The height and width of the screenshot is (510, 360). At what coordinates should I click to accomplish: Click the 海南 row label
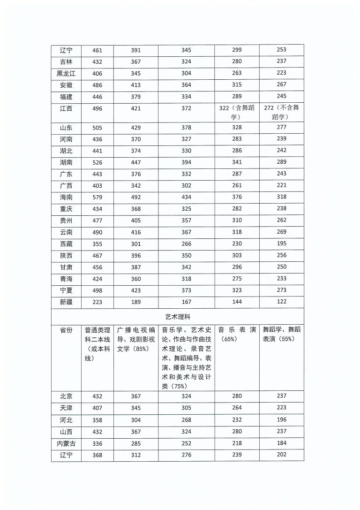(x=66, y=197)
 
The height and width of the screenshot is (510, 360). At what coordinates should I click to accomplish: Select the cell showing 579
(x=97, y=197)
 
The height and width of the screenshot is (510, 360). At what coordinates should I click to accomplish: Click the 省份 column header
(x=66, y=330)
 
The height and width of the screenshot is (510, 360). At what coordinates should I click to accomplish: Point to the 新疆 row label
(x=66, y=301)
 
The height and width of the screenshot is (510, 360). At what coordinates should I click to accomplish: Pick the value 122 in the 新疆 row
(x=282, y=301)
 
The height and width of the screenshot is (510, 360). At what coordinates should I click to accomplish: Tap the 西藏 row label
(x=66, y=244)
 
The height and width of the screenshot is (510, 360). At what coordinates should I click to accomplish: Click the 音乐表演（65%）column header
(x=237, y=334)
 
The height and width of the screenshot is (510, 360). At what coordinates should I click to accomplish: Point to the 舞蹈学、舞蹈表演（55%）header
(x=282, y=334)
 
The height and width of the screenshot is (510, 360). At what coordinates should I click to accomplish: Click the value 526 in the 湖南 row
(x=97, y=162)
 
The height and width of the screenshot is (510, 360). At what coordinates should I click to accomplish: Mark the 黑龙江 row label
(x=66, y=73)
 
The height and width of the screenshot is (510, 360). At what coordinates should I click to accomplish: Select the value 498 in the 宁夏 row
(x=97, y=290)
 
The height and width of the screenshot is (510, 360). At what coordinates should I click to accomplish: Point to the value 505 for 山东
(x=97, y=128)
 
